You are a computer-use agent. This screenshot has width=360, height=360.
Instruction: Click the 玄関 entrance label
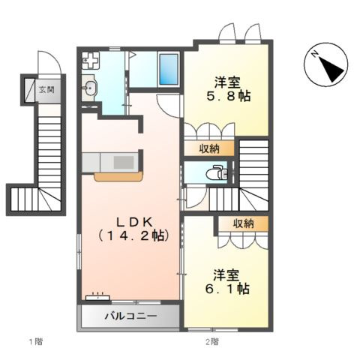click(46, 89)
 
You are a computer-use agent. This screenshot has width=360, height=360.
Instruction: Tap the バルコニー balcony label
click(131, 316)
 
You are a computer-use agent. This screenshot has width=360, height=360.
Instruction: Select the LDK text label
click(134, 221)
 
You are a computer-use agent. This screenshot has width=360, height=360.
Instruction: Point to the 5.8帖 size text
click(229, 96)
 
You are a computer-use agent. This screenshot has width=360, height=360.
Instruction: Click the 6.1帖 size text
click(227, 289)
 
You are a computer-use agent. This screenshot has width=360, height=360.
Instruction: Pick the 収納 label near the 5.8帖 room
click(209, 148)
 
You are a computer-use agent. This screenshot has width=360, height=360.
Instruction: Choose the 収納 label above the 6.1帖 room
click(244, 223)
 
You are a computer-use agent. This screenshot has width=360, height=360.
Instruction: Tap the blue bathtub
click(169, 69)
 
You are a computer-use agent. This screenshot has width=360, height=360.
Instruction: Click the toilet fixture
click(217, 172)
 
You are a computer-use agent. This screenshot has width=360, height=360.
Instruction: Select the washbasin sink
click(89, 88)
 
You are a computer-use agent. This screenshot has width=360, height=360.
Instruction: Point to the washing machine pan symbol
click(91, 60)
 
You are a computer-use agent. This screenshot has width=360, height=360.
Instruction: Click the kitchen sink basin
click(124, 162)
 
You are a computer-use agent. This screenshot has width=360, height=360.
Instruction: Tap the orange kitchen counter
click(118, 176)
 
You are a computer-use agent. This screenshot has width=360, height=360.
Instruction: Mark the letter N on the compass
click(314, 54)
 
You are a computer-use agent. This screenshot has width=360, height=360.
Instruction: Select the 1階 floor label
click(36, 341)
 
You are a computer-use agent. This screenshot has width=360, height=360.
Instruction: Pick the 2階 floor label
click(212, 341)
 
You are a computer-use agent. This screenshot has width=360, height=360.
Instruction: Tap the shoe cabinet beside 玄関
click(30, 90)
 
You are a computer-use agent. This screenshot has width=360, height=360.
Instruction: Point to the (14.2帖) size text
click(133, 235)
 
